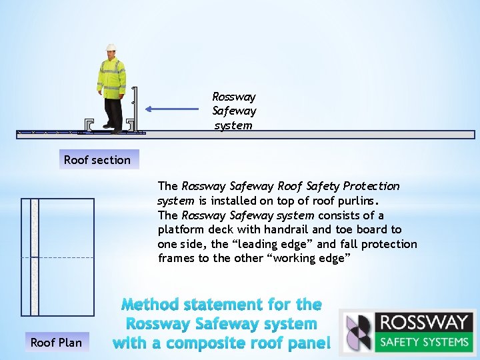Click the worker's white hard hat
click(110, 47)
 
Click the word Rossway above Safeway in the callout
click(234, 97)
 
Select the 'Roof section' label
click(97, 160)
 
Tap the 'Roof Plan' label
click(56, 343)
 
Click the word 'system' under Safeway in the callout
click(233, 125)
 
